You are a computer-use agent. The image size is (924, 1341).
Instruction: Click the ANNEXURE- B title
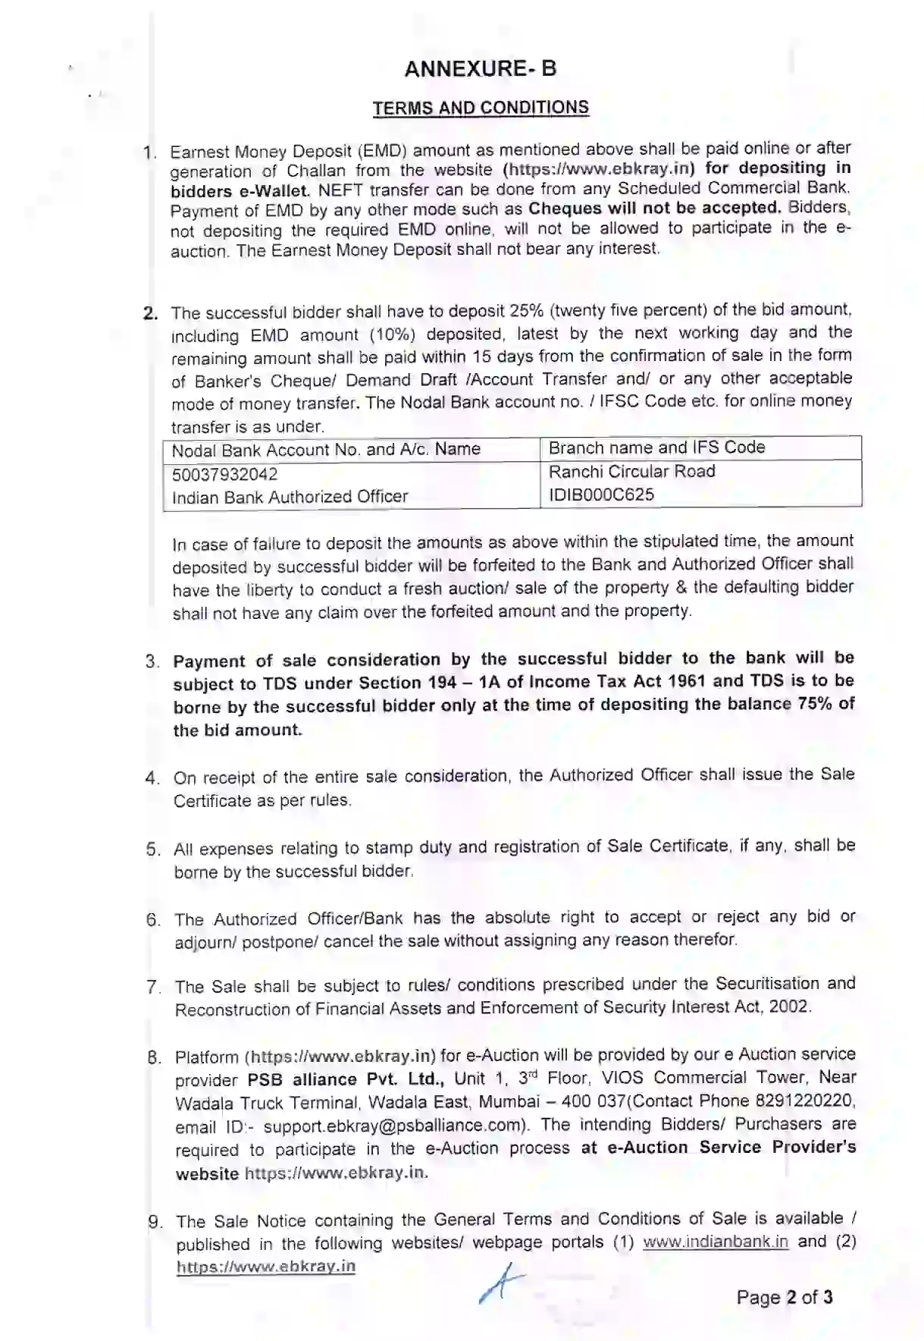(481, 69)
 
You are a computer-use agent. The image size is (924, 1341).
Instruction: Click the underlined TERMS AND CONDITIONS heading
(481, 108)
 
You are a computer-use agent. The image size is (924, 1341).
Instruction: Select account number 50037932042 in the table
(224, 475)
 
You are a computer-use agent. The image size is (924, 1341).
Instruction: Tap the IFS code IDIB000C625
(601, 495)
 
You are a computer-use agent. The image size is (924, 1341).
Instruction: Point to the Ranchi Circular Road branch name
(631, 472)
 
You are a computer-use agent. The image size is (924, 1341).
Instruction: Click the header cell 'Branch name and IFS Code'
(656, 448)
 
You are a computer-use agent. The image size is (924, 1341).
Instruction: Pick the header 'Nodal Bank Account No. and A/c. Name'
(326, 450)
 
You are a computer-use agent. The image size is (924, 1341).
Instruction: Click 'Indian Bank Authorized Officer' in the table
(290, 497)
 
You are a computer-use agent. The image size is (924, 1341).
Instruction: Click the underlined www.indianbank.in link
(716, 1242)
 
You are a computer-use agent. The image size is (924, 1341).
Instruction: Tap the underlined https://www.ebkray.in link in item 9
(265, 1266)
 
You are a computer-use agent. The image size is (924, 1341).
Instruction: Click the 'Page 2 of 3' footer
(784, 1297)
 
